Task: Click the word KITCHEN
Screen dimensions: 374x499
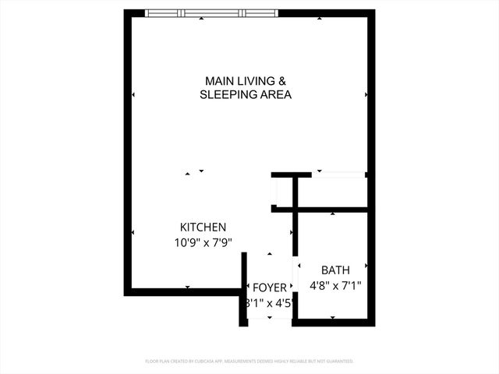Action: pyautogui.click(x=203, y=227)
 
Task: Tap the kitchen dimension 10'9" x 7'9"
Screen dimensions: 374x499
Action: pyautogui.click(x=203, y=242)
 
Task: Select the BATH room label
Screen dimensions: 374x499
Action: pyautogui.click(x=335, y=270)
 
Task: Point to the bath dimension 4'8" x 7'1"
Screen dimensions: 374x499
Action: pyautogui.click(x=335, y=285)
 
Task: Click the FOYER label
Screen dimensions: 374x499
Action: pyautogui.click(x=269, y=288)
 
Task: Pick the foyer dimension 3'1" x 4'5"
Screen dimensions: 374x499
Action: pyautogui.click(x=269, y=303)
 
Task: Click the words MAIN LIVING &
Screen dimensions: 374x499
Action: pyautogui.click(x=246, y=81)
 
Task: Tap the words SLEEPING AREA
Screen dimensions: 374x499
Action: pyautogui.click(x=246, y=95)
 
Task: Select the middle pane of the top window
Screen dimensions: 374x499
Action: pyautogui.click(x=213, y=12)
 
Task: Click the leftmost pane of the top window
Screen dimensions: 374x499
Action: pyautogui.click(x=165, y=12)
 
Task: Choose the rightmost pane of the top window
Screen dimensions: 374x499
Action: pyautogui.click(x=260, y=12)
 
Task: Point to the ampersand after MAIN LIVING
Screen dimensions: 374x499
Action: pyautogui.click(x=283, y=81)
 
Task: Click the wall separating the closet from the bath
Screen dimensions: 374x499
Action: pyautogui.click(x=331, y=210)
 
